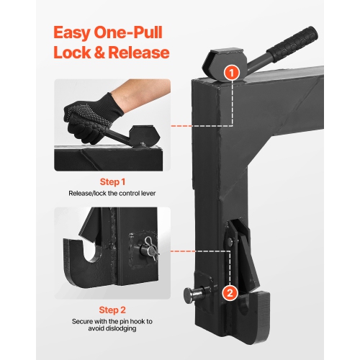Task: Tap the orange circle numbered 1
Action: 230,71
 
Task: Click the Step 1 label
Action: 112,182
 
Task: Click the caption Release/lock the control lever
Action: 112,194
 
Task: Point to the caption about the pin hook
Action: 112,323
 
